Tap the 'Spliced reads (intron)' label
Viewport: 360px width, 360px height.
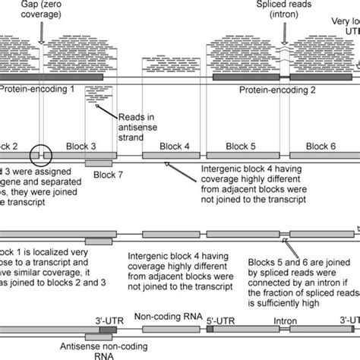click(283, 11)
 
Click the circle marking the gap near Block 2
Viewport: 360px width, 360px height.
click(40, 155)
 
